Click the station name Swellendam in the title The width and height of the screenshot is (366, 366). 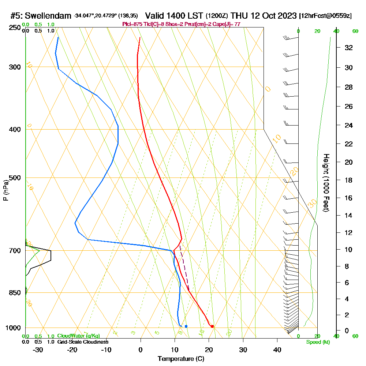[48, 16]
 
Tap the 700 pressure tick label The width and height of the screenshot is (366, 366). [15, 251]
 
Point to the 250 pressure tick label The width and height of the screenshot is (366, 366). [15, 28]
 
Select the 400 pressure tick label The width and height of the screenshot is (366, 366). [15, 130]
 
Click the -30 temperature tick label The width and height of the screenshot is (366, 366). [38, 350]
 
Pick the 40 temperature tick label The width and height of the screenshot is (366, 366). [277, 350]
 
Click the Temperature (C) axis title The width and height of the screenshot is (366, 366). [181, 359]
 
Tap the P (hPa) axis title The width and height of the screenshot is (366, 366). [5, 190]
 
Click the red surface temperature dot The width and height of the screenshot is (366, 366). [212, 326]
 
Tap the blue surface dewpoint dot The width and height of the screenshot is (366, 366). [186, 326]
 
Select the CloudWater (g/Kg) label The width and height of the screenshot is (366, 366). [78, 336]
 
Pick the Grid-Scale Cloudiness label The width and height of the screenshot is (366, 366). [82, 342]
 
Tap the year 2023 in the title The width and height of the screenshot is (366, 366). [285, 16]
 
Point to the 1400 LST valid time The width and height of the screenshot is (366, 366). [174, 16]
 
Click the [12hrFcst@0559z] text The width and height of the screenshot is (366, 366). [325, 16]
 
